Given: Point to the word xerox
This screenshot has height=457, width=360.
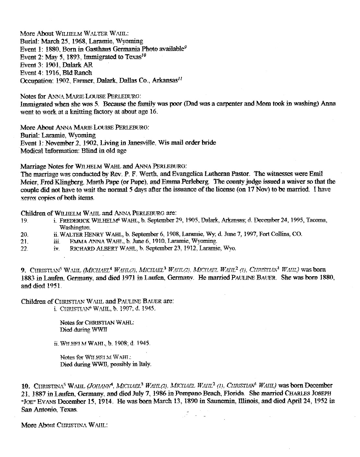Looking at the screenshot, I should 28,197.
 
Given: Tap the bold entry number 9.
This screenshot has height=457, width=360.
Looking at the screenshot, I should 23,270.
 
